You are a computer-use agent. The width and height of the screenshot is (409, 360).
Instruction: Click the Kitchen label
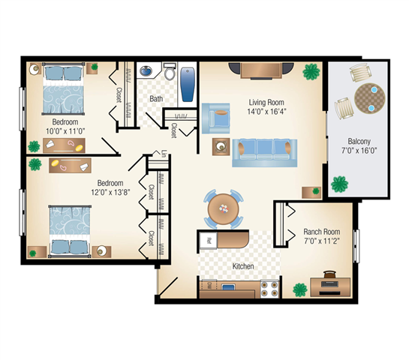point(243,267)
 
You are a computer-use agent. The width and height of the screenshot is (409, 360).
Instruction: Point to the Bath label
point(156,98)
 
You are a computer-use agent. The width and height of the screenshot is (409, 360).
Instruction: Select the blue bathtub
point(188,83)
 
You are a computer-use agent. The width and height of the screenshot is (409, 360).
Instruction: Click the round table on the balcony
point(368,97)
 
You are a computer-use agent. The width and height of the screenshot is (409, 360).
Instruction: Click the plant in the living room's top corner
point(309,71)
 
